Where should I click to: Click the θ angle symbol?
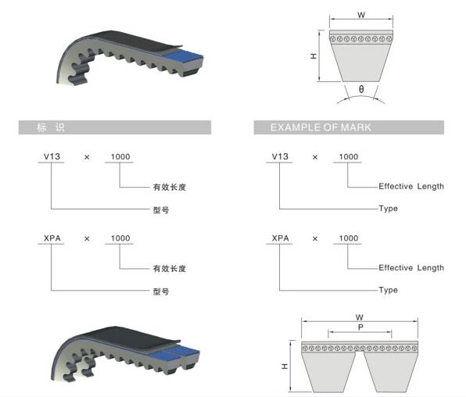[361, 89]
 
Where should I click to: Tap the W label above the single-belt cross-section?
[361, 15]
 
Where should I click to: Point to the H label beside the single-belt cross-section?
[314, 56]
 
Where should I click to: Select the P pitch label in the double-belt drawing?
[360, 327]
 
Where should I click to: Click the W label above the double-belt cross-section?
[360, 317]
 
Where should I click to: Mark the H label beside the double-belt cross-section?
[285, 367]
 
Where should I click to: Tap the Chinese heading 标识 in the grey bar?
[51, 127]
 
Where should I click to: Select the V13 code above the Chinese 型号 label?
[52, 156]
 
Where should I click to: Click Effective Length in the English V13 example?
[411, 186]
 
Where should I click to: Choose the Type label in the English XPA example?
[388, 290]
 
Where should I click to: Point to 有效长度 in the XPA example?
[170, 269]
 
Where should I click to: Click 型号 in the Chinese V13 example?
[161, 210]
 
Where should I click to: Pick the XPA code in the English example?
[280, 238]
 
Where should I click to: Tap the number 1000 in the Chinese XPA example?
[120, 238]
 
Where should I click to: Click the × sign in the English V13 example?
[315, 157]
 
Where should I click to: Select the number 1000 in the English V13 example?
[349, 156]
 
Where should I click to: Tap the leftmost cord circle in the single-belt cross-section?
[333, 39]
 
